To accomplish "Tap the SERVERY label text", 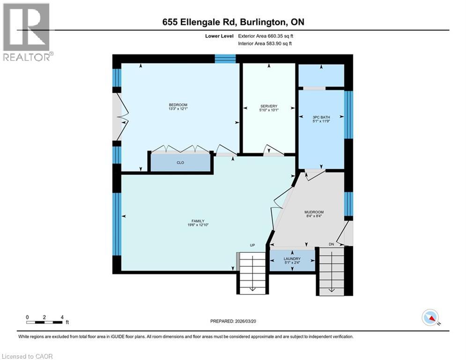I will point(269,106).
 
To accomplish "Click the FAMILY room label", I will point(197,221).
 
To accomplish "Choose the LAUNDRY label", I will point(291,258).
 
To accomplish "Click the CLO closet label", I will point(179,163).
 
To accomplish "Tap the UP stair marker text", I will point(252,246).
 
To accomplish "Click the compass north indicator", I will point(430,317).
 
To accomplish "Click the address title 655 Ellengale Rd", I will point(232,22).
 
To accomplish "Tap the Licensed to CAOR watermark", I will point(28,356).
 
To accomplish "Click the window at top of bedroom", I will point(225,59).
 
